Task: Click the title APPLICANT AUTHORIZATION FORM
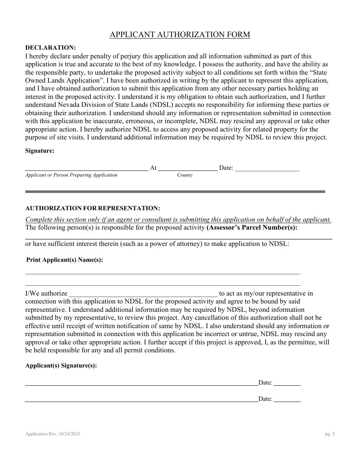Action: coord(180,35)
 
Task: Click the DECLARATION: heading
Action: coord(50,48)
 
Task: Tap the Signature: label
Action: coord(40,151)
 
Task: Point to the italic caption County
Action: coord(185,175)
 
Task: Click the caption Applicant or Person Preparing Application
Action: coord(71,175)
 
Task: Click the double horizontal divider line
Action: coord(175,192)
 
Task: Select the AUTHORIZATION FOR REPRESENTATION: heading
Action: coord(92,208)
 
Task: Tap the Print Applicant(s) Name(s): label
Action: coord(64,260)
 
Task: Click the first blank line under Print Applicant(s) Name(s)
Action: coord(163,273)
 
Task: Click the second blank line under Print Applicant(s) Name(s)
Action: coord(163,285)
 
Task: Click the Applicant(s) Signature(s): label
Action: coord(61,366)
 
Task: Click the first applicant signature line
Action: coord(141,385)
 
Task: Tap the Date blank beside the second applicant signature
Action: coord(287,401)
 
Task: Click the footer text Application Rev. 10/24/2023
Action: coord(53,435)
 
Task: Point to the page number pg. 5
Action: coord(330,435)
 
